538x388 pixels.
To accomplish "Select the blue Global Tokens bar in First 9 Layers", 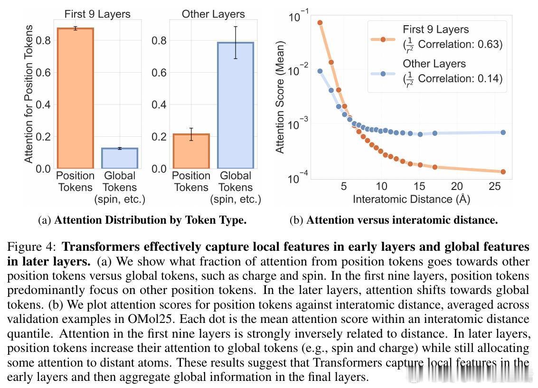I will pyautogui.click(x=120, y=159).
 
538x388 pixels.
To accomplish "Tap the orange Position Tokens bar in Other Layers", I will pyautogui.click(x=191, y=151).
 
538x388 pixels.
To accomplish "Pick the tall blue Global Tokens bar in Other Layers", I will pyautogui.click(x=236, y=105).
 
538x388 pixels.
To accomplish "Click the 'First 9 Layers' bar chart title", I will pyautogui.click(x=97, y=14).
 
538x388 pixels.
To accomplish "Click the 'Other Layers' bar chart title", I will pyautogui.click(x=213, y=14).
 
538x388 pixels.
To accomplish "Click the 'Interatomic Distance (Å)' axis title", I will pyautogui.click(x=411, y=199).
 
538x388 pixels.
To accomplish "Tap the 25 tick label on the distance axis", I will pyautogui.click(x=495, y=186).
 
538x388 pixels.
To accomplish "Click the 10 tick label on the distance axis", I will pyautogui.click(x=381, y=186).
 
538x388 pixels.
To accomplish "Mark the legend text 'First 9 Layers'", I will pyautogui.click(x=435, y=29).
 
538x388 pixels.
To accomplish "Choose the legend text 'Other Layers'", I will pyautogui.click(x=434, y=64).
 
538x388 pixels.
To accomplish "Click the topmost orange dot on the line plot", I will pyautogui.click(x=320, y=22).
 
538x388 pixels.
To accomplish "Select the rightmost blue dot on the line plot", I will pyautogui.click(x=503, y=132).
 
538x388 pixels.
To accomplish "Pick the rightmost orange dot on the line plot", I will pyautogui.click(x=503, y=172).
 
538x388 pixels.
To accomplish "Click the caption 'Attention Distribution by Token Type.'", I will pyautogui.click(x=150, y=220).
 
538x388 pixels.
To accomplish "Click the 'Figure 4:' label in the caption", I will pyautogui.click(x=32, y=247).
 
